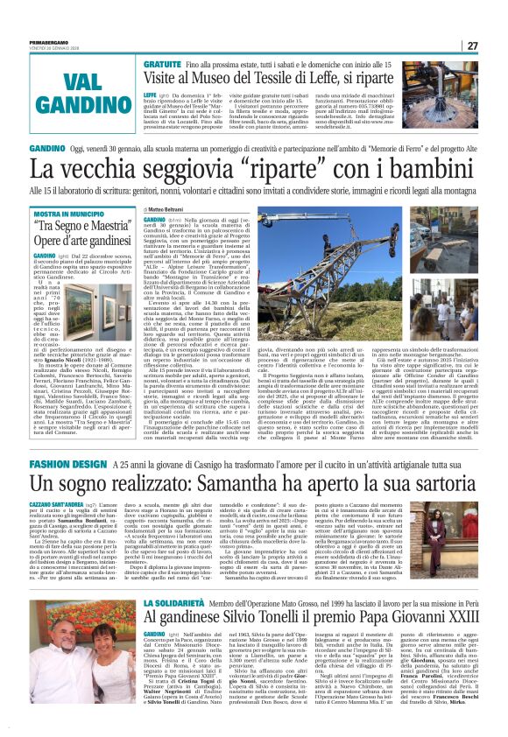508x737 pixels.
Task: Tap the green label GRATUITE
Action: tap(161, 66)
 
